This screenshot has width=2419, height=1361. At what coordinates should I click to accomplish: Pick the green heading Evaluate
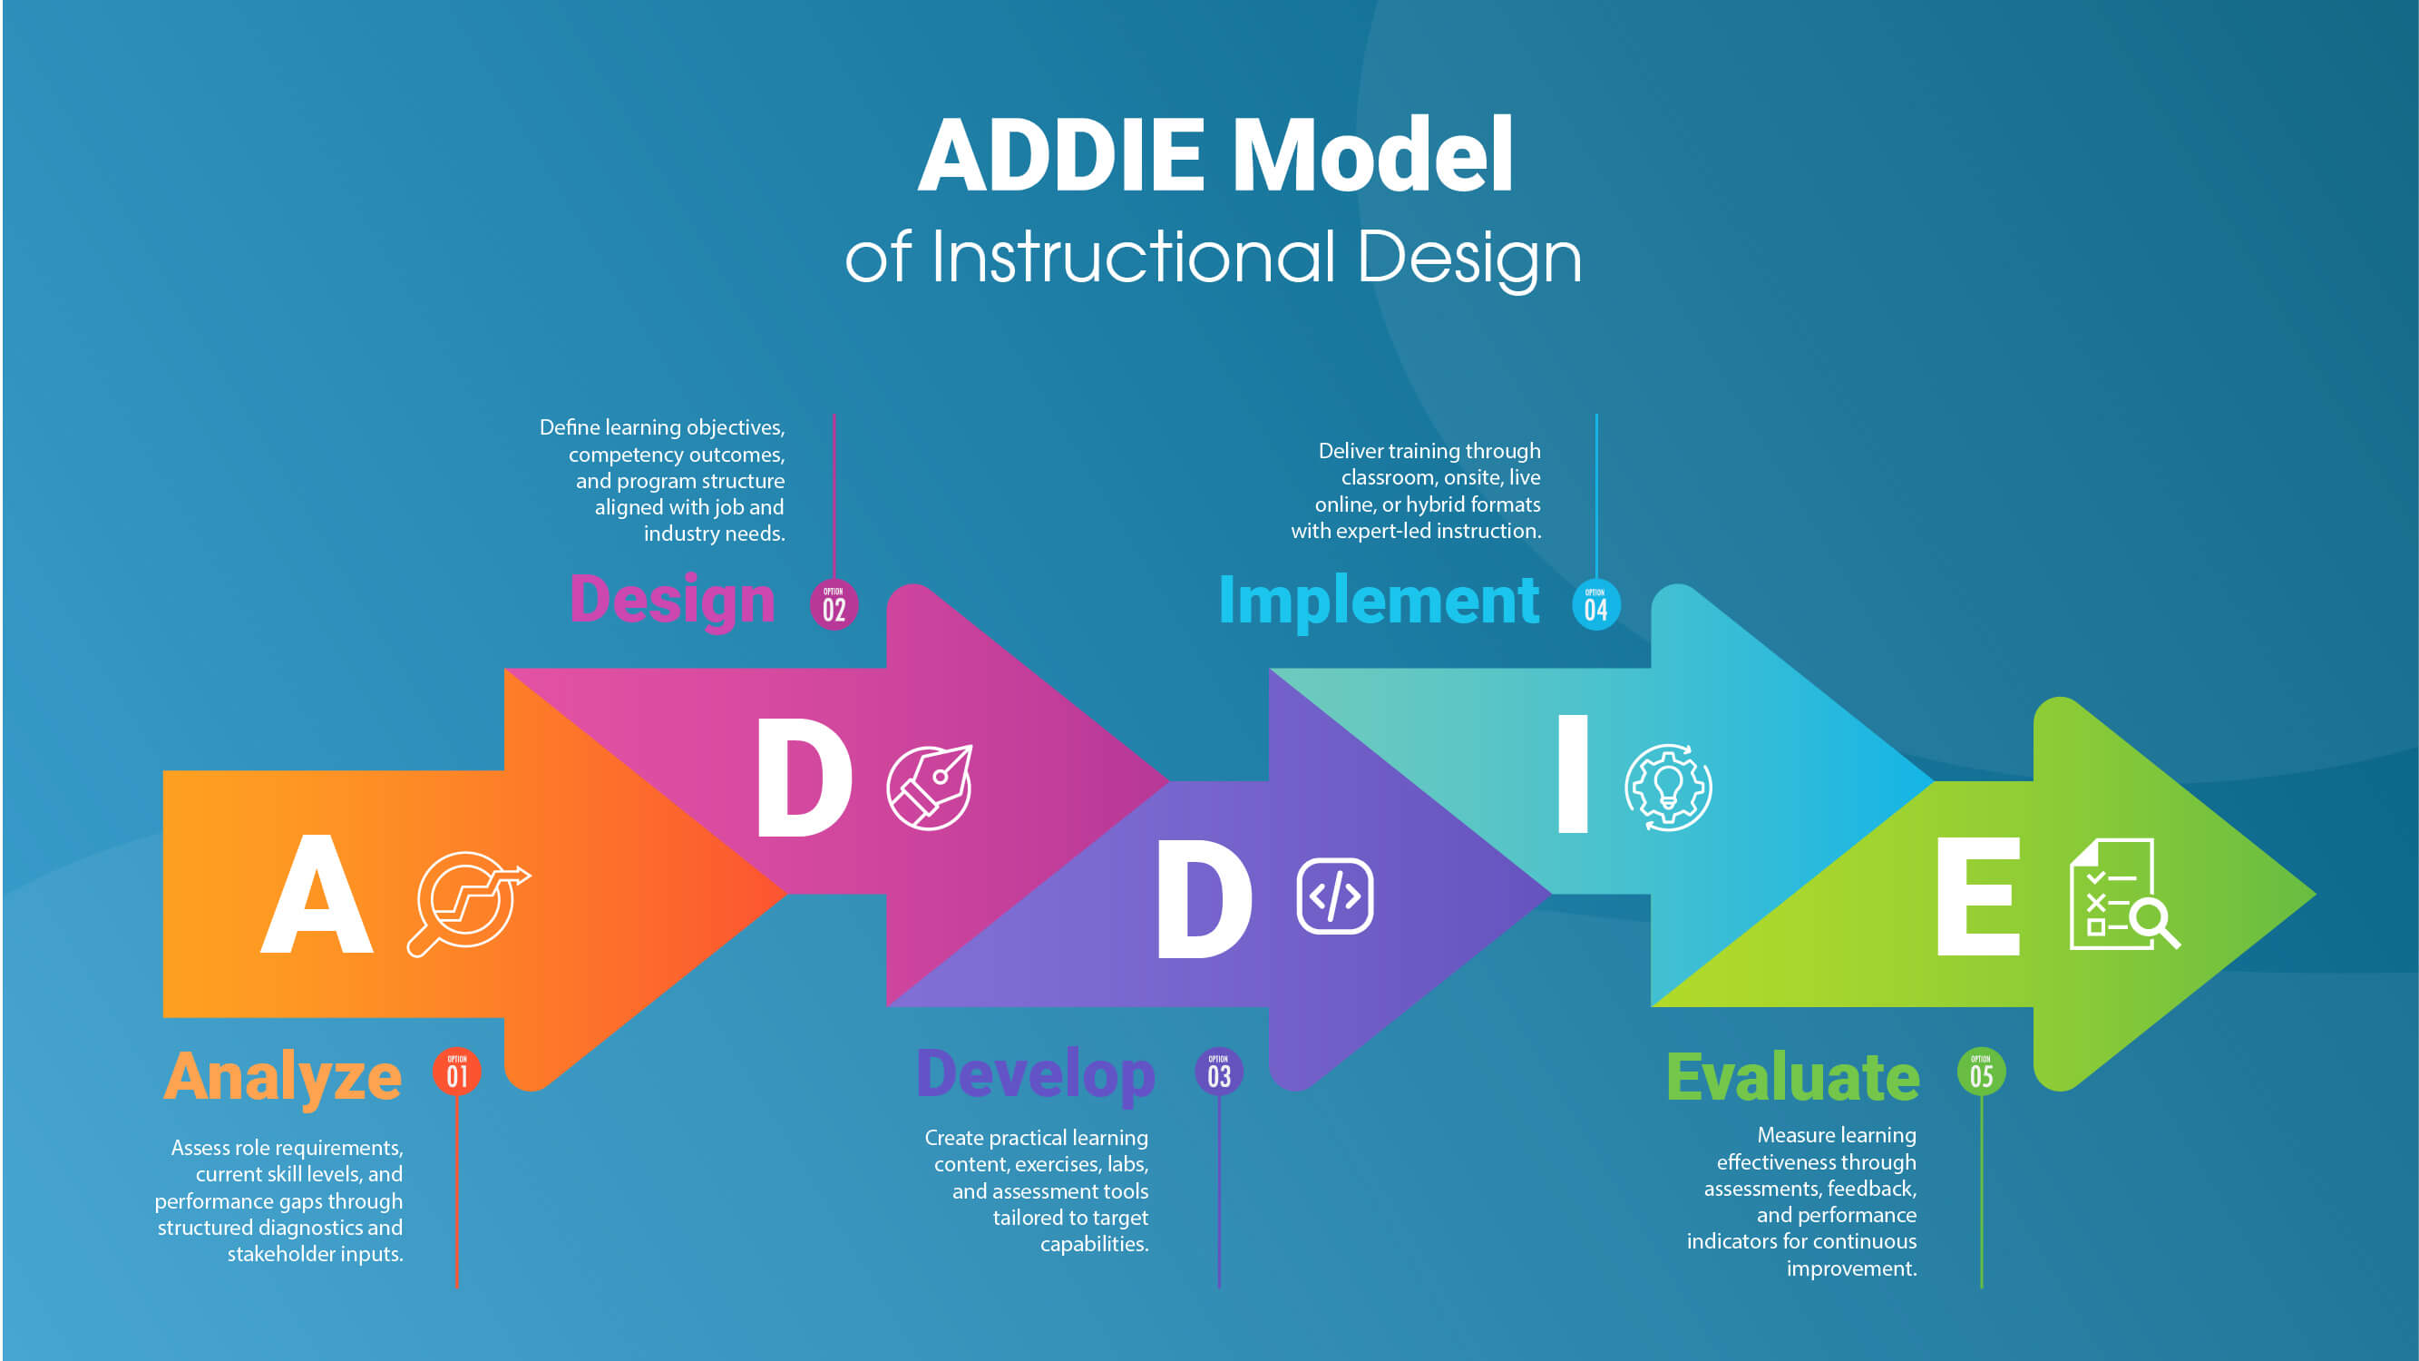(1792, 1076)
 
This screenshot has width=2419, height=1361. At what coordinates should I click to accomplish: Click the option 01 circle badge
(457, 1072)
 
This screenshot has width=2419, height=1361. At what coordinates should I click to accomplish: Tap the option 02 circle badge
(834, 605)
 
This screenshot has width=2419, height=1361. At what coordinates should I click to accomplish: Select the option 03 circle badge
(1219, 1072)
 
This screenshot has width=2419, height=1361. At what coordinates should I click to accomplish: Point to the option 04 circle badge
(1595, 605)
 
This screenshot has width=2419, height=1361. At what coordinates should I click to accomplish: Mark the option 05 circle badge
(1982, 1072)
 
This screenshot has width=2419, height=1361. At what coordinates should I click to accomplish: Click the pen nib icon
(930, 787)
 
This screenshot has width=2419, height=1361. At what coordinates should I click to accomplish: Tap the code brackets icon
(1334, 896)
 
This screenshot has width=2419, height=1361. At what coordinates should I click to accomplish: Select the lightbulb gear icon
(1668, 787)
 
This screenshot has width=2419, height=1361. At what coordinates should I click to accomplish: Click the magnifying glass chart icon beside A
(467, 902)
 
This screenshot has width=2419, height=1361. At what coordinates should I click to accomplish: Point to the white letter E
(1977, 896)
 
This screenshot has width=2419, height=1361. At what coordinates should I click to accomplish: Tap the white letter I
(1573, 774)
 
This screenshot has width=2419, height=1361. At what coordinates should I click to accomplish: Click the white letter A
(317, 895)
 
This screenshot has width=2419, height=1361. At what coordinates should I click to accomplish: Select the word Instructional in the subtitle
(1134, 258)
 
